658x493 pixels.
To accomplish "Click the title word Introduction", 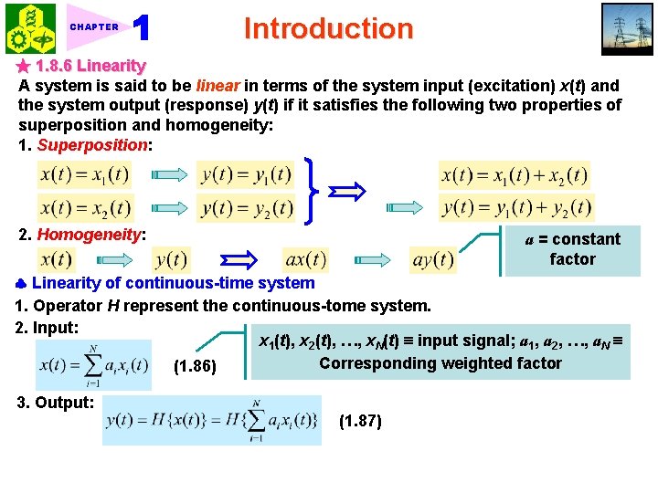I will [x=328, y=28].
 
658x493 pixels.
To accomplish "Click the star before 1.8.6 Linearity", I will [x=24, y=66].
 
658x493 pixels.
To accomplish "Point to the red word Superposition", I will [x=91, y=145].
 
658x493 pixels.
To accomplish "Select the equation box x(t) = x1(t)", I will [x=84, y=173].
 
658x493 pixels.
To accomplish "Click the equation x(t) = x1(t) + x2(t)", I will [x=515, y=174].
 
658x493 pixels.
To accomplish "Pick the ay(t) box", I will [x=433, y=259].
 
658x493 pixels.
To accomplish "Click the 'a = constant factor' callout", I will [x=572, y=249].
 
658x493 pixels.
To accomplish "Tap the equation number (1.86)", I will [x=194, y=367].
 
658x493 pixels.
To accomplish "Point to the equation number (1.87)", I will [x=360, y=421].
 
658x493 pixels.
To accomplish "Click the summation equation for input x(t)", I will [x=95, y=365].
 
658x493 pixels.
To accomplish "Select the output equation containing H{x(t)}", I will [x=213, y=420].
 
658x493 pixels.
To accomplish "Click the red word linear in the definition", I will [x=218, y=85].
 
